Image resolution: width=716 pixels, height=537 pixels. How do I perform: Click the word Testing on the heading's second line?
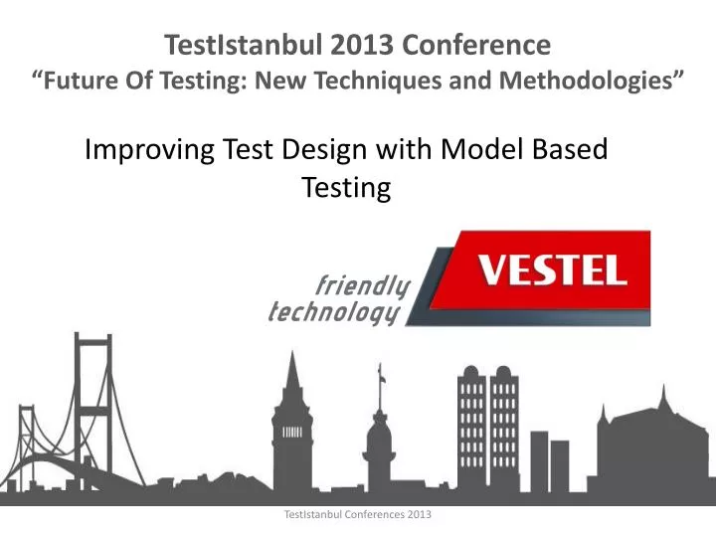click(x=345, y=187)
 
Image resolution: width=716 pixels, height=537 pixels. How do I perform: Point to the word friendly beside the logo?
click(x=362, y=287)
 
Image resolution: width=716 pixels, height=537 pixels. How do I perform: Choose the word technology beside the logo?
click(x=334, y=314)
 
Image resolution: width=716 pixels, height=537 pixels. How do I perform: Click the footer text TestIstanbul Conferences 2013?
click(x=357, y=515)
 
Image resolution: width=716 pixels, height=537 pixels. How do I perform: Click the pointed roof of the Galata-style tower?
click(x=291, y=373)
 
